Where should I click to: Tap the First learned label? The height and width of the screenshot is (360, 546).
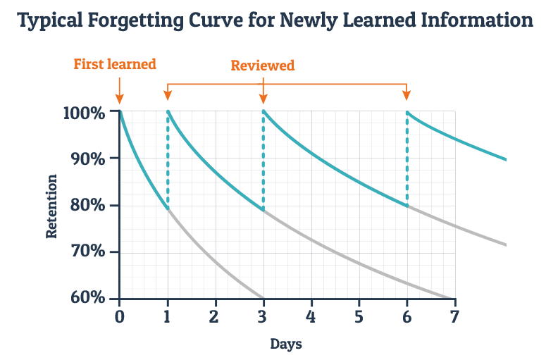coord(115,64)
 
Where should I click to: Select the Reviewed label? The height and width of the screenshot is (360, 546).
coord(263,66)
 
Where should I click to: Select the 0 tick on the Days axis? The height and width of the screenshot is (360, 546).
coord(120,316)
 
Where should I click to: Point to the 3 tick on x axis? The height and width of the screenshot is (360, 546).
coord(263,316)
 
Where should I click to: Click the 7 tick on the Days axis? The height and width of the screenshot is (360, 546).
coord(454,316)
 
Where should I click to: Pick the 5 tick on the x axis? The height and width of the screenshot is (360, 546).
coord(359,316)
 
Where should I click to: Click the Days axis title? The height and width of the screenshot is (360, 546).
coord(286,345)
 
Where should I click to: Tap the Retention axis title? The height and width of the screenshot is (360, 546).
coord(52,206)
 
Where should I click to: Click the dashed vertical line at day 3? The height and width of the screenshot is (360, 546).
coord(263,162)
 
